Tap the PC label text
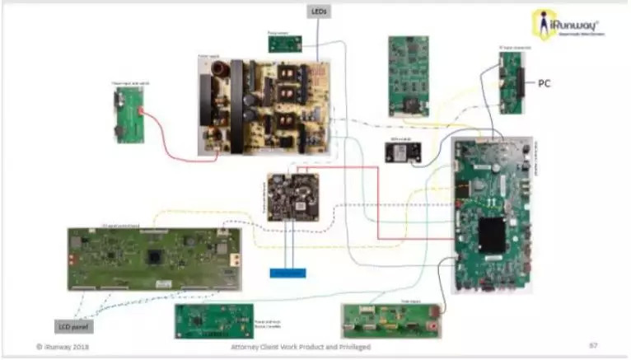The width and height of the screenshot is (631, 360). coord(545,84)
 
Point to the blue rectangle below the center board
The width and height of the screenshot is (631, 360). coord(287,273)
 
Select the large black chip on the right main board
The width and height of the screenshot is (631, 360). coord(493,235)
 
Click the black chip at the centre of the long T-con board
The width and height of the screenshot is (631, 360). coord(154,255)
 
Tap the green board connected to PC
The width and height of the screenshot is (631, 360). coord(512,82)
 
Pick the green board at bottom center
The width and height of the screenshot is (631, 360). coord(212,321)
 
